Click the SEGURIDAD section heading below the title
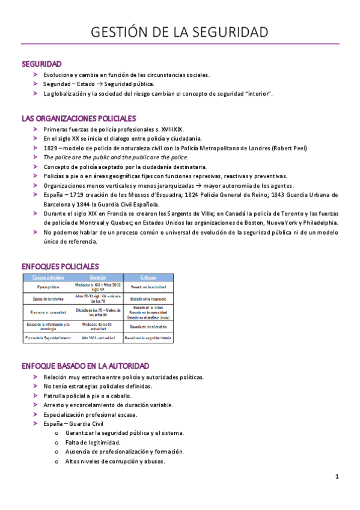[x=41, y=64]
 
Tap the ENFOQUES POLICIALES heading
[x=60, y=266]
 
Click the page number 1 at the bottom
[x=337, y=477]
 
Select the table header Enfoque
[x=148, y=277]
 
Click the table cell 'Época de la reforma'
[x=46, y=298]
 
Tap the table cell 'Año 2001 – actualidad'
[x=97, y=338]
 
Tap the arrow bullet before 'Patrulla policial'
[x=37, y=396]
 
